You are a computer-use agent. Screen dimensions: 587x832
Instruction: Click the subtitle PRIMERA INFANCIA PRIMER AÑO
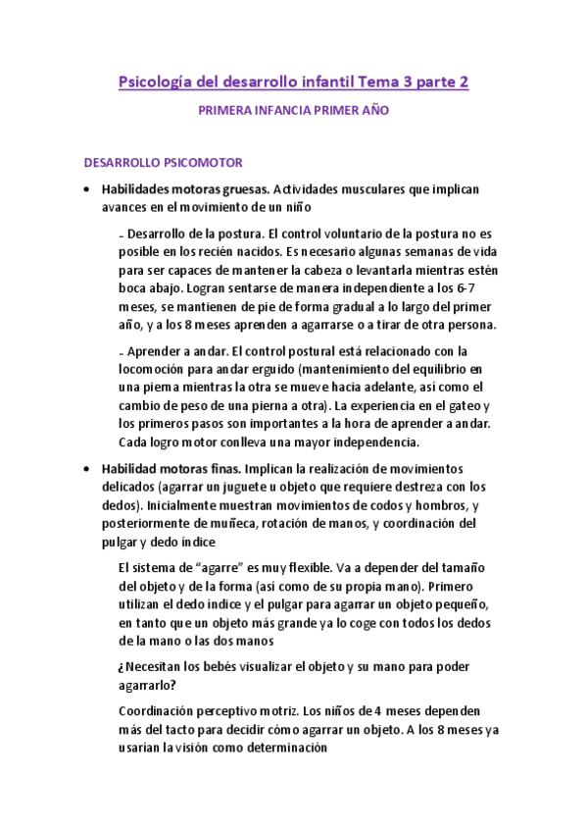point(293,111)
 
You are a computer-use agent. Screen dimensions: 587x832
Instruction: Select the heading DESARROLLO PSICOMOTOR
point(164,162)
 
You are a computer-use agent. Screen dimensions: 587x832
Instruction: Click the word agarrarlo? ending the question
point(146,685)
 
